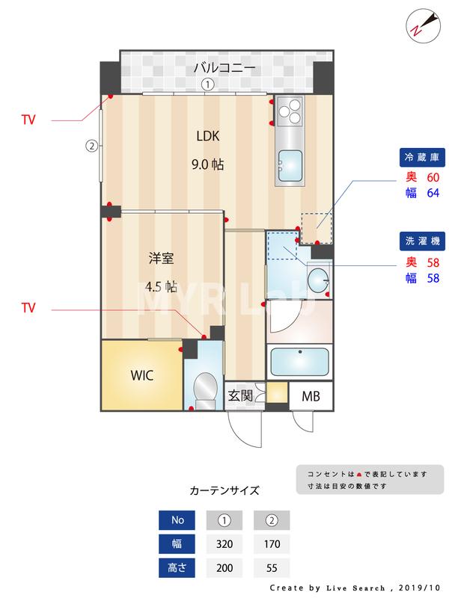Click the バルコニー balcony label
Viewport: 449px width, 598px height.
224,67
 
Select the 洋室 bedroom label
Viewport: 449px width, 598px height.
161,259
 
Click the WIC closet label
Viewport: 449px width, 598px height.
141,375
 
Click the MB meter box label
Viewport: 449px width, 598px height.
311,396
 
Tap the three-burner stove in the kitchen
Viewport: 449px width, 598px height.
289,113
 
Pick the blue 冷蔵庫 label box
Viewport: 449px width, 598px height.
421,158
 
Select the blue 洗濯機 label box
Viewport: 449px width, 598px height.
421,241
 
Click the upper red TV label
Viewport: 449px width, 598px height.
28,120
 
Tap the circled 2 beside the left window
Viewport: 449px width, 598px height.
91,146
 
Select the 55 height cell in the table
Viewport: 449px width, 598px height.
272,567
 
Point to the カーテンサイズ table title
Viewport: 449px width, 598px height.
224,491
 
